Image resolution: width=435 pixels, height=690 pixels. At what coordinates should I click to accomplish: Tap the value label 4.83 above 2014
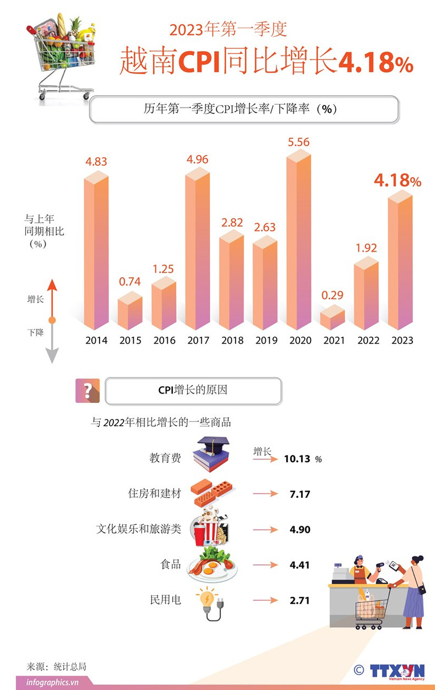[x=96, y=161]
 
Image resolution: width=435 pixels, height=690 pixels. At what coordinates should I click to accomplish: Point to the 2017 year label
[x=198, y=341]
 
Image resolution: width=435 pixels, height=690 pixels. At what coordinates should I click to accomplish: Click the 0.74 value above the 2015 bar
[x=130, y=282]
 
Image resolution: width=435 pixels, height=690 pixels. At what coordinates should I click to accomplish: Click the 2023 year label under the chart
[x=402, y=341]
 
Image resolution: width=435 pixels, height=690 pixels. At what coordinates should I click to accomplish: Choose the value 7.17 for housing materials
[x=300, y=494]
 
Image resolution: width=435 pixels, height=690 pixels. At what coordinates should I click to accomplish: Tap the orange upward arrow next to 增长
[x=51, y=298]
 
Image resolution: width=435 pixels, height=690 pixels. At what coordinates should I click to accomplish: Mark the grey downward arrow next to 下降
[x=51, y=344]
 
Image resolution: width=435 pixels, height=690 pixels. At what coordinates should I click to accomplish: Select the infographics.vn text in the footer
[x=52, y=682]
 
